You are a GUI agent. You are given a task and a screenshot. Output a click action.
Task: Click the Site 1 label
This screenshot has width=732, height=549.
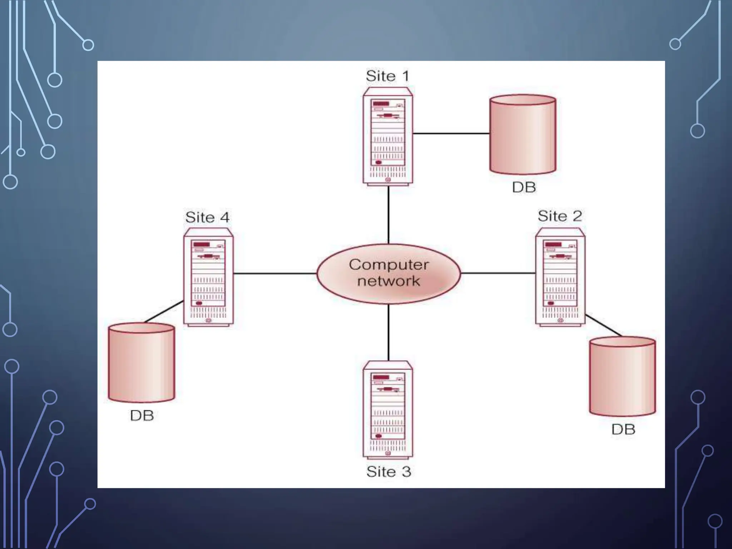pyautogui.click(x=387, y=76)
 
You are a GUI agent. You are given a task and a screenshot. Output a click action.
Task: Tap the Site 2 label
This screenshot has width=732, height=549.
pyautogui.click(x=560, y=216)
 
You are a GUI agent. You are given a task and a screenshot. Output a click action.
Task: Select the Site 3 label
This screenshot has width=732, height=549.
pyautogui.click(x=389, y=471)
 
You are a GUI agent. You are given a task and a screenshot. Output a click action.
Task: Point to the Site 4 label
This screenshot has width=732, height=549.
pyautogui.click(x=207, y=217)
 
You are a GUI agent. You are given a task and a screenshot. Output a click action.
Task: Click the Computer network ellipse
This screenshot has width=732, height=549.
pyautogui.click(x=389, y=273)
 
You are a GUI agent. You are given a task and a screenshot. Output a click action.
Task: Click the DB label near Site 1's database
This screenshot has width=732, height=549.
pyautogui.click(x=524, y=187)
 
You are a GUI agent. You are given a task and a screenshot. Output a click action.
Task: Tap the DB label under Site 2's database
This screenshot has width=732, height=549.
pyautogui.click(x=623, y=429)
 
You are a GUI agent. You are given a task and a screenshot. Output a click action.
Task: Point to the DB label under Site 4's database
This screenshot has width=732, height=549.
pyautogui.click(x=142, y=415)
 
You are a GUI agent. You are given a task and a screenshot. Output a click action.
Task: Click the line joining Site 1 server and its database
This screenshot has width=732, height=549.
pyautogui.click(x=451, y=133)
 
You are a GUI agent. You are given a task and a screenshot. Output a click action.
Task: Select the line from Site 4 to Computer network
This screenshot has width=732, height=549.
pyautogui.click(x=275, y=273)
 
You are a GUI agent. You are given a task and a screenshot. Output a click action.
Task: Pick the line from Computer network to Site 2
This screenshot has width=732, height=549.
pyautogui.click(x=498, y=273)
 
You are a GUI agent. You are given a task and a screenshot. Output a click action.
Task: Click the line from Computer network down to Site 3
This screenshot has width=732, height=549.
pyautogui.click(x=389, y=332)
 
